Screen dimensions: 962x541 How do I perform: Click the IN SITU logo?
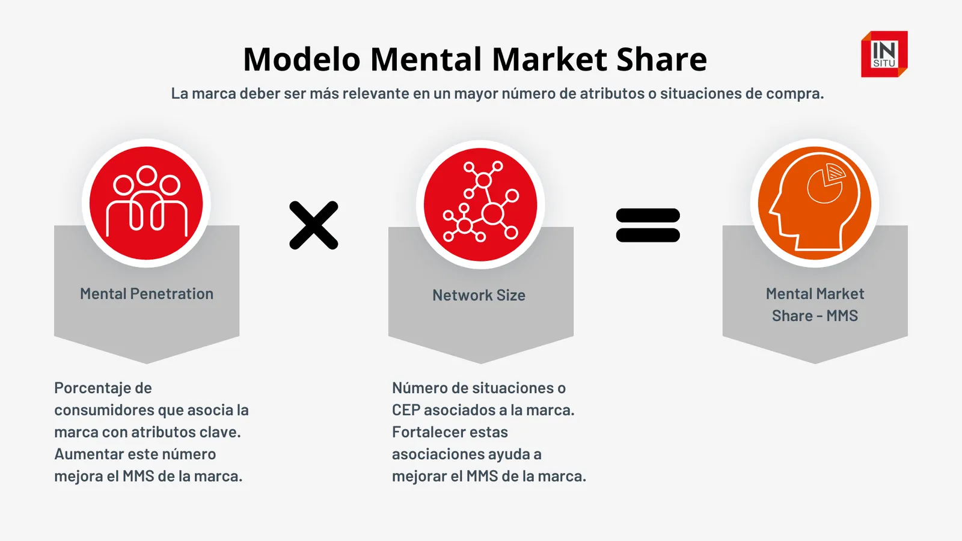[884, 54]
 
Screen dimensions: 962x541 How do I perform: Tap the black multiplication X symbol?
[314, 225]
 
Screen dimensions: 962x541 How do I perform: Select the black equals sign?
[648, 225]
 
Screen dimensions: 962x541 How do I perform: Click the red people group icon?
[146, 203]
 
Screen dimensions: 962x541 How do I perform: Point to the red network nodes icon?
[480, 204]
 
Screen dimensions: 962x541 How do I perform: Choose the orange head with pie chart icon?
[815, 203]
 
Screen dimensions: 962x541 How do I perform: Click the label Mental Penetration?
[147, 294]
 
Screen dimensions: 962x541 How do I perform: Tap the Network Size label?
[479, 295]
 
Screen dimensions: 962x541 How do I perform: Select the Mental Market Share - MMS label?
[815, 304]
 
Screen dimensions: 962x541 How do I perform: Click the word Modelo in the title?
[301, 59]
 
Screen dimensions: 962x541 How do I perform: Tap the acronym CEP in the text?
[406, 410]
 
